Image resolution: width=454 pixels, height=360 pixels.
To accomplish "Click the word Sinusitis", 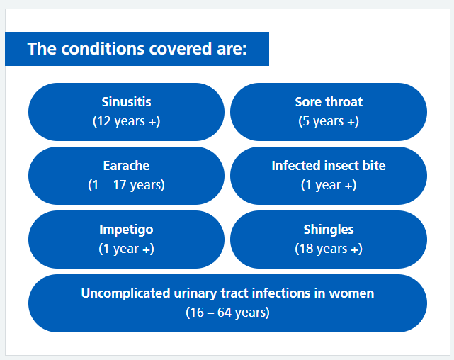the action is point(126,102).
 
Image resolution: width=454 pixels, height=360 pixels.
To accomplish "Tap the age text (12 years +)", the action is point(126,121).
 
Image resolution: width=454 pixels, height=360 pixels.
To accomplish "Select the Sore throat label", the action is point(329,102).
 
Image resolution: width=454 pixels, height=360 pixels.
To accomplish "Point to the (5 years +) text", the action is point(329,121).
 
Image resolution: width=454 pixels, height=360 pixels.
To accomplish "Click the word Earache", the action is point(126,166).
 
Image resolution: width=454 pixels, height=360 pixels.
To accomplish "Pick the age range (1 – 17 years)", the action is point(126,185).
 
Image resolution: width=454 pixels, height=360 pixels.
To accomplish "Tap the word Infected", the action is point(296,166).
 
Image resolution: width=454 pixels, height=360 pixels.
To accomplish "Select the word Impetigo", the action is point(126,230).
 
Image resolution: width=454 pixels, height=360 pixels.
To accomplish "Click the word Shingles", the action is point(329,230).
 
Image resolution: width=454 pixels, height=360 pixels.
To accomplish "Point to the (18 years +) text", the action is point(329,249).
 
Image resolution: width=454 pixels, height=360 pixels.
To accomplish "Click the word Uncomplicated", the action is point(125,293).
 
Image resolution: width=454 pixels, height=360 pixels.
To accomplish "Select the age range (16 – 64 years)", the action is point(227,313).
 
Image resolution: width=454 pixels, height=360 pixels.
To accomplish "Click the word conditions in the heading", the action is point(103,49).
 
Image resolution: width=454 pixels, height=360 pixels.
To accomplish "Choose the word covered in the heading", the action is point(181,49).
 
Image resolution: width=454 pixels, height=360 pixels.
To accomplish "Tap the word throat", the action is point(344,102).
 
